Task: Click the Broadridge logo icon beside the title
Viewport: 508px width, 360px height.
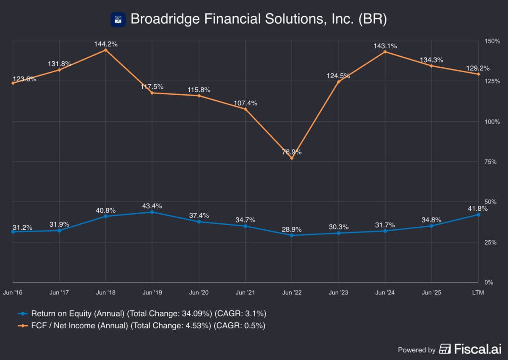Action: (x=118, y=19)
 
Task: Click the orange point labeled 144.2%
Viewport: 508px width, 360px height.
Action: (x=105, y=50)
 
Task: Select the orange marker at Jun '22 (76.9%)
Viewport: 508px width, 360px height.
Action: (x=292, y=158)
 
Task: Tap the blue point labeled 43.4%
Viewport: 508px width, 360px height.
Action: (x=152, y=212)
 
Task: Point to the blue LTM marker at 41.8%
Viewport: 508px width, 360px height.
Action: (x=478, y=214)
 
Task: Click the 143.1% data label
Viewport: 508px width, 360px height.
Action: (x=385, y=46)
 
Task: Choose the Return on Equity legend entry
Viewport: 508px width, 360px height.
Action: (x=142, y=313)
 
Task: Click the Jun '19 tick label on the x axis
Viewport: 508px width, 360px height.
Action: (x=152, y=292)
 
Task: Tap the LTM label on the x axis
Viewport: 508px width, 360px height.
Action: (x=478, y=292)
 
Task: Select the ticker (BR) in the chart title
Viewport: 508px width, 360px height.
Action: (x=372, y=19)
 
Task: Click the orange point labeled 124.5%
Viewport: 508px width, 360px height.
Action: (x=338, y=81)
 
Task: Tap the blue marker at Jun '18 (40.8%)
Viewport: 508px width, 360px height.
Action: (x=105, y=216)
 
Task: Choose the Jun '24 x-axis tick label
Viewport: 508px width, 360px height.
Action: (x=385, y=292)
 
